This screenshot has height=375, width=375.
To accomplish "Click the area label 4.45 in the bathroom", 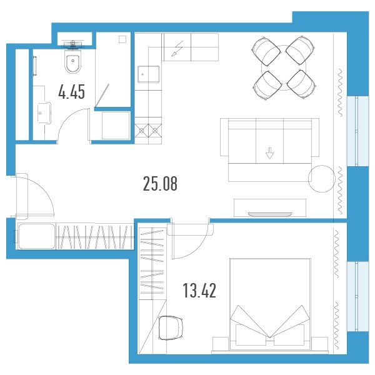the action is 71,92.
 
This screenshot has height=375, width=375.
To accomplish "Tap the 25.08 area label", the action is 160,184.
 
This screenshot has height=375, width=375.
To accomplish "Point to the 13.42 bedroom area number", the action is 199,291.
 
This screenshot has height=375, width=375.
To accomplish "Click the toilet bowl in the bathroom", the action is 73,62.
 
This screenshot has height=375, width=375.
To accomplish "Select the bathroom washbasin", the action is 44,113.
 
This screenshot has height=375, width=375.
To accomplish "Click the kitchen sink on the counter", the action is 149,74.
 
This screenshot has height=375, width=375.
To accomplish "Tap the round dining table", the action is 284,67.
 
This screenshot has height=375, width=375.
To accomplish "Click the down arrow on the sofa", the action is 269,153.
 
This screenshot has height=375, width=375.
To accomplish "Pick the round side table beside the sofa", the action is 321,178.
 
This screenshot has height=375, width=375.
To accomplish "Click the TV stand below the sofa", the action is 270,207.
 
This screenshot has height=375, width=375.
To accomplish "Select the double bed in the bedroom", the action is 270,304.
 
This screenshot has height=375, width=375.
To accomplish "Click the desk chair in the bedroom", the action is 171,327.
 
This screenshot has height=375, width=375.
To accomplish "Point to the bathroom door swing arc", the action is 69,121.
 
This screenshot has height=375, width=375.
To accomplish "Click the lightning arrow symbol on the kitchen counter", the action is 177,49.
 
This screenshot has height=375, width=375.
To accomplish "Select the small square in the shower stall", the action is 122,39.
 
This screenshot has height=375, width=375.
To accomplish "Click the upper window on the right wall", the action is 357,131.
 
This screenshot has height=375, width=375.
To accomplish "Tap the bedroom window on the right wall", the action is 357,296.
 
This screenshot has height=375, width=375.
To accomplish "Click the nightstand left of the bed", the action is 220,345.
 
